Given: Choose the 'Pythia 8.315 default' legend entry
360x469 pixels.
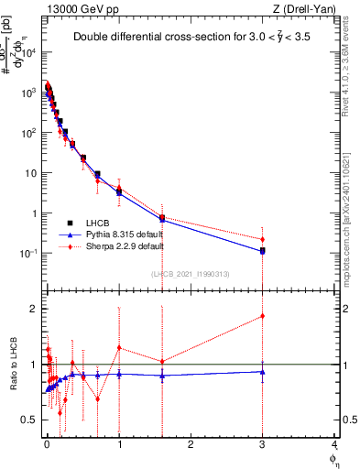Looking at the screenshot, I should click(123, 234).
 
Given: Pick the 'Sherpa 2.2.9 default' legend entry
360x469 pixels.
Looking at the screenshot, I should click(124, 246).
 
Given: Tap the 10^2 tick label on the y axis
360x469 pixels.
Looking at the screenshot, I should click(27, 133).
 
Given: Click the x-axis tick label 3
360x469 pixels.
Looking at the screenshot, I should click(263, 445).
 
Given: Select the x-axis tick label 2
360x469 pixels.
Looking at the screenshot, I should click(191, 445).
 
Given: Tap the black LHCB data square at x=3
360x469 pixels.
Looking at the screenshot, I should click(263, 250).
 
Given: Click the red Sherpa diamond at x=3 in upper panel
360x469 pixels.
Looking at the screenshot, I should click(263, 239).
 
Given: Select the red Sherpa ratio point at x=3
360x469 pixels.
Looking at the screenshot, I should click(263, 316).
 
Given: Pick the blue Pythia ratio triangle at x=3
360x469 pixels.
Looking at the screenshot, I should click(263, 371).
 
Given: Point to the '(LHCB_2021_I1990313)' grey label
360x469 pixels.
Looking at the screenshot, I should click(191, 274).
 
